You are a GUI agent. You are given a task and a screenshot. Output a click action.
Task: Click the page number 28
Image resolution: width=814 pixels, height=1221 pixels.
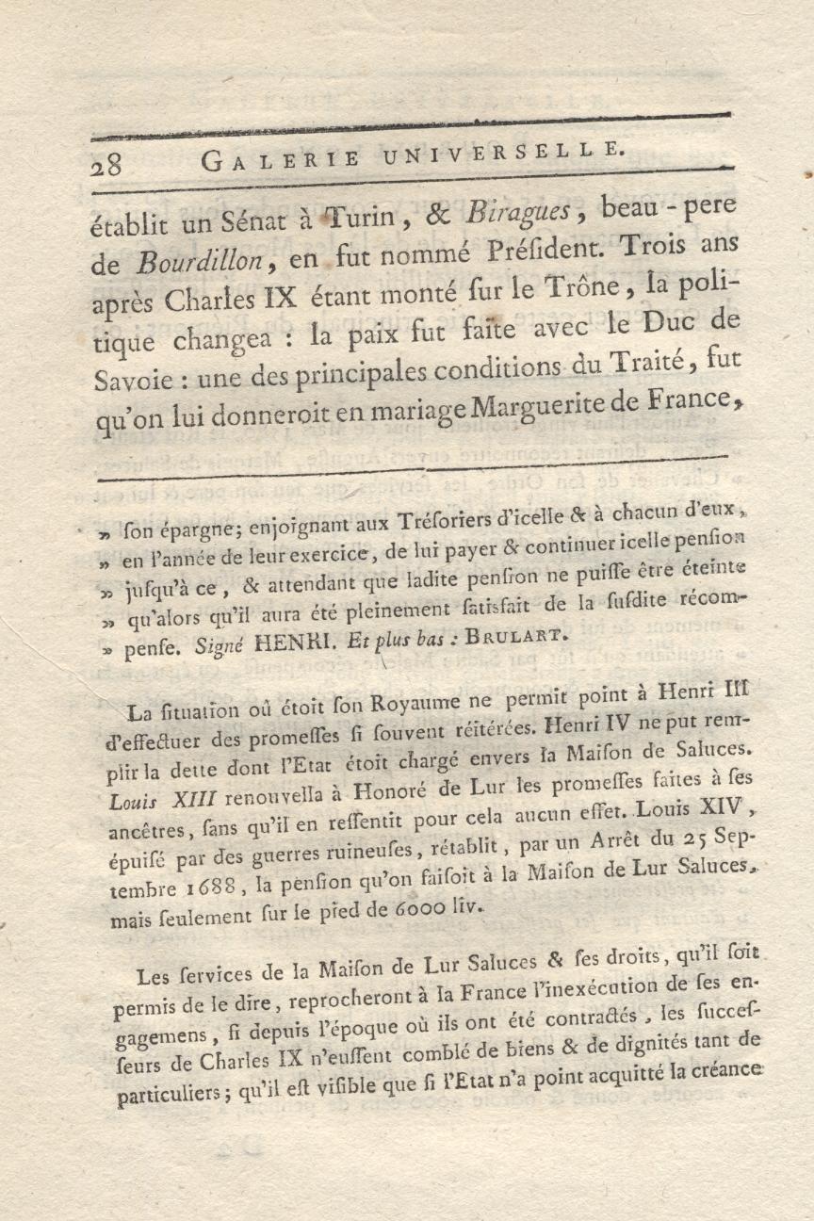(x=106, y=164)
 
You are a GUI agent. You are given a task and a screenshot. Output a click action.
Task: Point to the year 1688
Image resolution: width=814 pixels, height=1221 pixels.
(x=205, y=887)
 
